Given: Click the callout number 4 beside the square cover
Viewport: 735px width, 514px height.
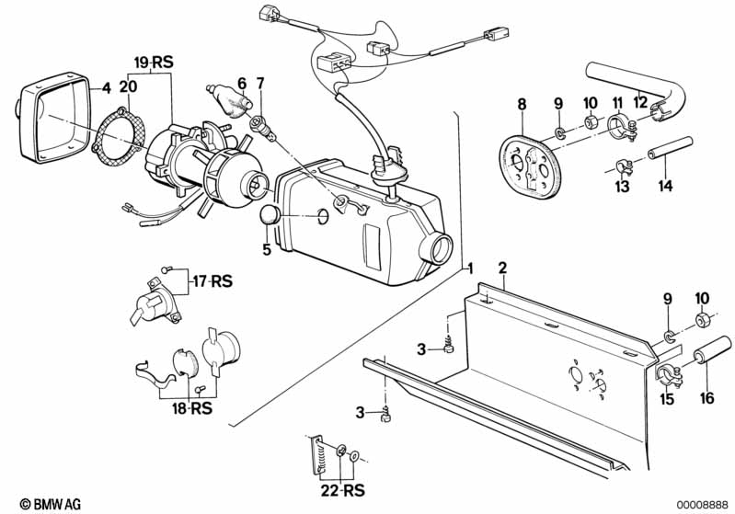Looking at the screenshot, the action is [107, 87].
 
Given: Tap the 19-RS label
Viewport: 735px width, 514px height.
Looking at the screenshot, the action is [154, 62].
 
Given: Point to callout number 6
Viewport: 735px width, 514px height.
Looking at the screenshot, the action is [242, 84].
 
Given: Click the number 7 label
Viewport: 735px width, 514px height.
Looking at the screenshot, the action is [260, 84].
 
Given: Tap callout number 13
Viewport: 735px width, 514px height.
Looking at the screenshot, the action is [623, 186].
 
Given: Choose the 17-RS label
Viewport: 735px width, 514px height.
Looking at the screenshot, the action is [212, 281].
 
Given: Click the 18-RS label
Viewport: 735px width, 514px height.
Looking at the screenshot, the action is [192, 408].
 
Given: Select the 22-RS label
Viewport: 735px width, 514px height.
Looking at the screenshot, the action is [342, 490].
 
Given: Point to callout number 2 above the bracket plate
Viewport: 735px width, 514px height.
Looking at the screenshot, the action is [502, 268].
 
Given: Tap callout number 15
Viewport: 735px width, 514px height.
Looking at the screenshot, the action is [667, 399].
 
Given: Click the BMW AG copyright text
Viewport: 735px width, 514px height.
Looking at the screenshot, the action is [51, 504].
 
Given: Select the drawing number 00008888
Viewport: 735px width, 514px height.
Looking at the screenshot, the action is [702, 505].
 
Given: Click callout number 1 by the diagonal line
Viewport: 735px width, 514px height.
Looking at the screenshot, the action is [470, 268].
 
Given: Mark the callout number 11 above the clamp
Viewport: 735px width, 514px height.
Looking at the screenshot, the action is [617, 103].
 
